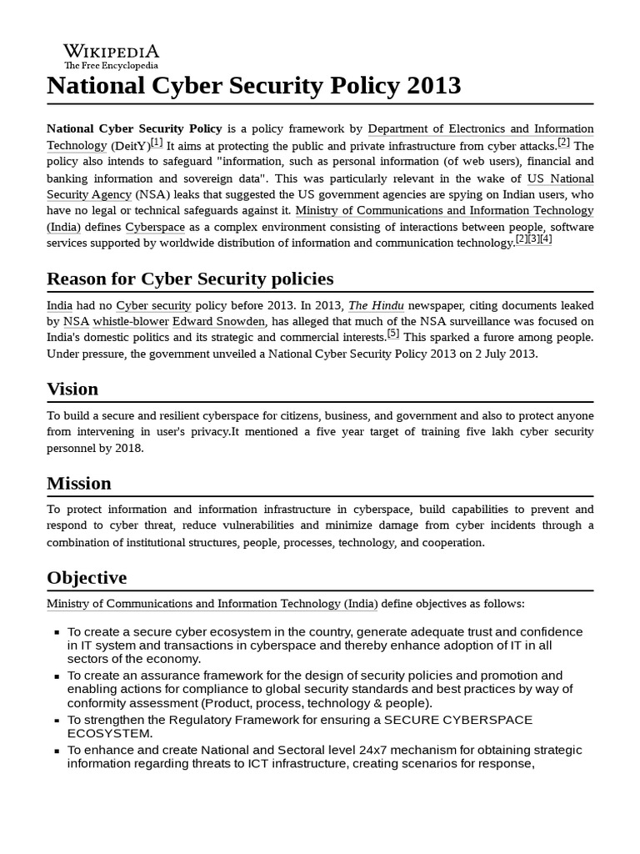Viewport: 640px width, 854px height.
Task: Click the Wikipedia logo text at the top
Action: [111, 52]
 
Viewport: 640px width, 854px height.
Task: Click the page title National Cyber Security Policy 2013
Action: [253, 86]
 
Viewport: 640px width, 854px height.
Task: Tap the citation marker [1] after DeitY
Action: [157, 143]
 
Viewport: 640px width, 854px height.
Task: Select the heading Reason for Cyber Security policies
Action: [190, 279]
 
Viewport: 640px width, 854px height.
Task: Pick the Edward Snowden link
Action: [219, 321]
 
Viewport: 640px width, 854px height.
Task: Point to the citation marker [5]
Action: [393, 334]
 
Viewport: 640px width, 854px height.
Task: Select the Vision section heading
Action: [72, 389]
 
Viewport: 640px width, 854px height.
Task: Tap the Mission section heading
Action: [79, 483]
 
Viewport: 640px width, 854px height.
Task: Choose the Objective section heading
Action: [87, 578]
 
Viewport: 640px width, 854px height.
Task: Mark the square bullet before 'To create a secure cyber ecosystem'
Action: [56, 633]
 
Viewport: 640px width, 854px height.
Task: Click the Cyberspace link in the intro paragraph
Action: [155, 227]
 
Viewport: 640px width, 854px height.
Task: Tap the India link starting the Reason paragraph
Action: [59, 305]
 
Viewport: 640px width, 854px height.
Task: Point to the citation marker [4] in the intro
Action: [546, 239]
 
